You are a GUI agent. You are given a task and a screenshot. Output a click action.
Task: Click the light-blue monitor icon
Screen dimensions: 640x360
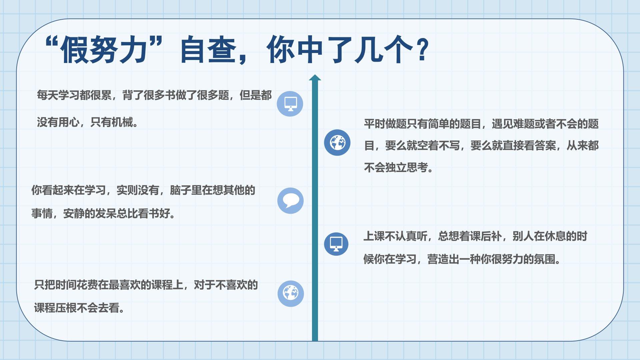[290, 104]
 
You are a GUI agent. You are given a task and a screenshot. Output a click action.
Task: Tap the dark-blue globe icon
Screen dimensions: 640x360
[337, 143]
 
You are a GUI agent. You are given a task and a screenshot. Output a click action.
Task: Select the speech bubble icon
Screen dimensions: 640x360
[290, 201]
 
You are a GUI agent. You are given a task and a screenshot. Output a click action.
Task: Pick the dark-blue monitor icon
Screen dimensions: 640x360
[336, 244]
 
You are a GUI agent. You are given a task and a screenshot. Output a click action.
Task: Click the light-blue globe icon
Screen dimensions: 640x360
[291, 293]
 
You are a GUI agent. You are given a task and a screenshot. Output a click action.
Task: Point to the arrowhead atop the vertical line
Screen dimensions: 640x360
[315, 77]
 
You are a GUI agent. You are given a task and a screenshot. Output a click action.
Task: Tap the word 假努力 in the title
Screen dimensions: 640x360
[104, 50]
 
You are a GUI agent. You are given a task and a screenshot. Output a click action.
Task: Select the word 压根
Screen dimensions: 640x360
[66, 308]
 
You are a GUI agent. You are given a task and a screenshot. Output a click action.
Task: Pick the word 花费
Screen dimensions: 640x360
[87, 285]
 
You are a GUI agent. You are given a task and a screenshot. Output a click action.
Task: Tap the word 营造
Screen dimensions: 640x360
[438, 259]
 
